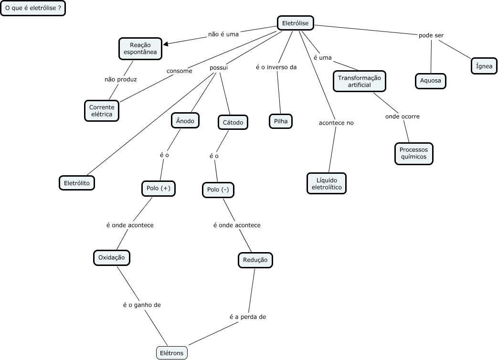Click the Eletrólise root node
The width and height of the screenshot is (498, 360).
(295, 23)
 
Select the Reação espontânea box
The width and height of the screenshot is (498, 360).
(140, 48)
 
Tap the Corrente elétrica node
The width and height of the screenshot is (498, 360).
(101, 111)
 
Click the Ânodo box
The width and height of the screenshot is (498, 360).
(185, 121)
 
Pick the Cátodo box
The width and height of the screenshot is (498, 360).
(233, 123)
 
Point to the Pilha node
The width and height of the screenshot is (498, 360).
(280, 121)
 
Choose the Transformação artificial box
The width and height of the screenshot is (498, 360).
(359, 81)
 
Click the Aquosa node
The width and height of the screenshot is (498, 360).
(431, 81)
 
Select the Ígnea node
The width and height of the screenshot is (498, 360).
(484, 66)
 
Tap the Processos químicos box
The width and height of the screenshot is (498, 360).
(413, 153)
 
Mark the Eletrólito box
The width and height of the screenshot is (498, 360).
(77, 183)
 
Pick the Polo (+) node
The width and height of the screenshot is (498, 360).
(159, 188)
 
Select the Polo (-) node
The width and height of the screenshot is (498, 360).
(218, 190)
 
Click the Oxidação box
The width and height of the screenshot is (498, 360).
(111, 257)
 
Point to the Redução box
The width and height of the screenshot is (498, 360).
(255, 260)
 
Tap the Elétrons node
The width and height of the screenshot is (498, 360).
(172, 353)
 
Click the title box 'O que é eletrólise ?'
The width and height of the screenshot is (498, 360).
(33, 9)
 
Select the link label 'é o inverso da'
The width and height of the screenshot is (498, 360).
(276, 67)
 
